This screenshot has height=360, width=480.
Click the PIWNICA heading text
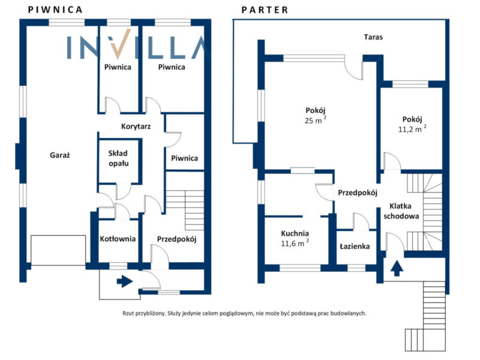(x=55, y=10)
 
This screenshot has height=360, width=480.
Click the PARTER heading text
(x=265, y=10)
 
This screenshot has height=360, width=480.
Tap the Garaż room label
(x=60, y=155)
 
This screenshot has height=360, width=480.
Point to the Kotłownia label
(x=118, y=239)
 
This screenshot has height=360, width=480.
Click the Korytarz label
(x=135, y=127)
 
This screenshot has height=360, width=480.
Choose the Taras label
(x=373, y=37)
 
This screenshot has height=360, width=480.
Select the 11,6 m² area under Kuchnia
(x=295, y=243)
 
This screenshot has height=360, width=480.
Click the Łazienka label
(x=355, y=247)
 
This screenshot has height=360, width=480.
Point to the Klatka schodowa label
(x=400, y=210)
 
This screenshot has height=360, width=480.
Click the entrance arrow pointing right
(x=124, y=281)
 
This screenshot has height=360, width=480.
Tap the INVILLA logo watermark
(x=136, y=46)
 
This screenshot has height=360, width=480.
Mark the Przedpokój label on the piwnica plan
(x=177, y=239)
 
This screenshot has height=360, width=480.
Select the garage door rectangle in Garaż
(x=58, y=250)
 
